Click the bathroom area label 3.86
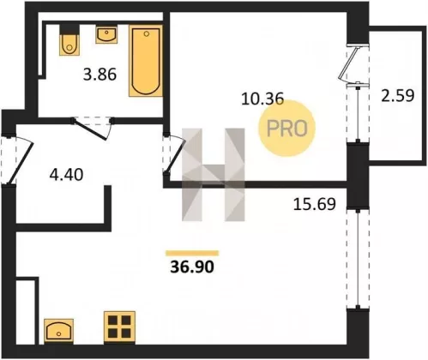tap(99, 75)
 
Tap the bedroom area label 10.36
tap(262, 99)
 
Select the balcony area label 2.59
tap(397, 96)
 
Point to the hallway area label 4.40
tap(66, 174)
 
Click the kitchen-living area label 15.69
tap(315, 204)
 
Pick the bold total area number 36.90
tap(192, 267)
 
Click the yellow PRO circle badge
tap(286, 128)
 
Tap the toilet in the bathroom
tap(69, 40)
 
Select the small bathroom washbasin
tap(106, 34)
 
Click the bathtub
tap(146, 61)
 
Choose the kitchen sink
tap(58, 332)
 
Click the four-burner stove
tap(119, 327)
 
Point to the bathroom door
tap(92, 129)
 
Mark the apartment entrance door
tap(18, 160)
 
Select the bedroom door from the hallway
tap(174, 153)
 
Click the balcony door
tap(351, 63)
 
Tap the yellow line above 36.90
tap(192, 253)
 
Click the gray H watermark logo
tap(214, 175)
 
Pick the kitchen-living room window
tap(358, 259)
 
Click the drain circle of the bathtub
tap(147, 34)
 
